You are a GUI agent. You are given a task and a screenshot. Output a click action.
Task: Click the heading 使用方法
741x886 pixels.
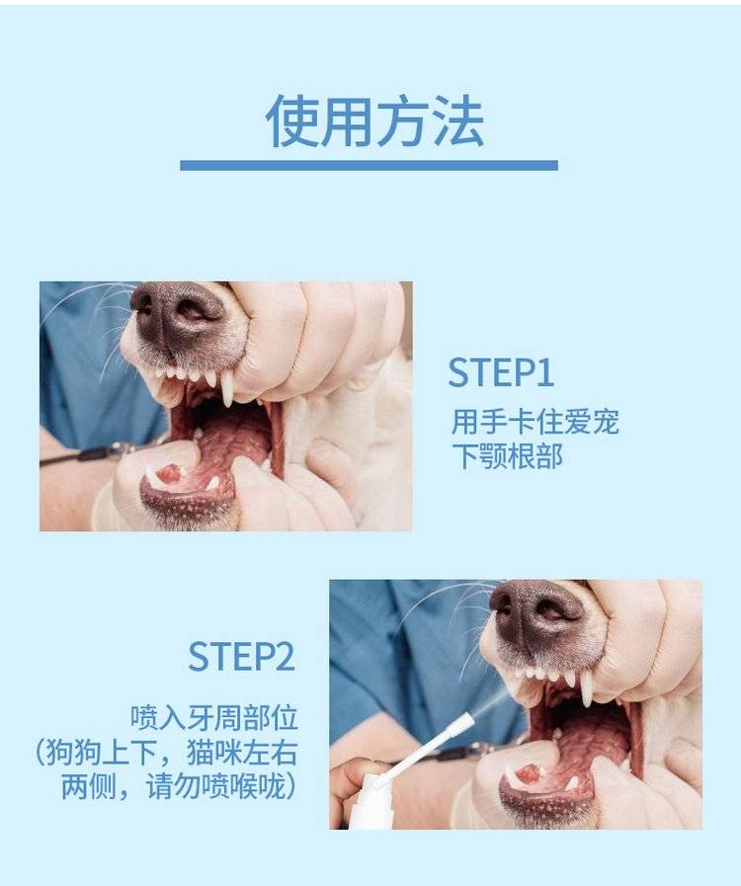[374, 121]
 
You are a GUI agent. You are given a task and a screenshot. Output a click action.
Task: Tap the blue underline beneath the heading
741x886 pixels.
[370, 165]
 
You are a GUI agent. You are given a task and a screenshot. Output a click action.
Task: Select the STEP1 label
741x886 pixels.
[501, 372]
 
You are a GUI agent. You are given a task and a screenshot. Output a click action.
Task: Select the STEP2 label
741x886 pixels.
[242, 657]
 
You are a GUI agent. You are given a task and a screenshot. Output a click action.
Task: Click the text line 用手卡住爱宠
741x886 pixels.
[535, 422]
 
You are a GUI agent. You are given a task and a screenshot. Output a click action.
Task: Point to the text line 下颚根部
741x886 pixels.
[507, 456]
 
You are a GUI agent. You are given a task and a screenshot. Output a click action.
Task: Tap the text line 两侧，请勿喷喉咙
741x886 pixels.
[178, 786]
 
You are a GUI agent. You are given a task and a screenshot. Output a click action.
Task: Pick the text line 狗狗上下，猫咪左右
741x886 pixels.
[167, 752]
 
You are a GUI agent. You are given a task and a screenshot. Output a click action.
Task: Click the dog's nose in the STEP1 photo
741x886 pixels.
[176, 313]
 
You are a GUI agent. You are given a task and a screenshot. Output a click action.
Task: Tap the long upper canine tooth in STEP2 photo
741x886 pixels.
[586, 688]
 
